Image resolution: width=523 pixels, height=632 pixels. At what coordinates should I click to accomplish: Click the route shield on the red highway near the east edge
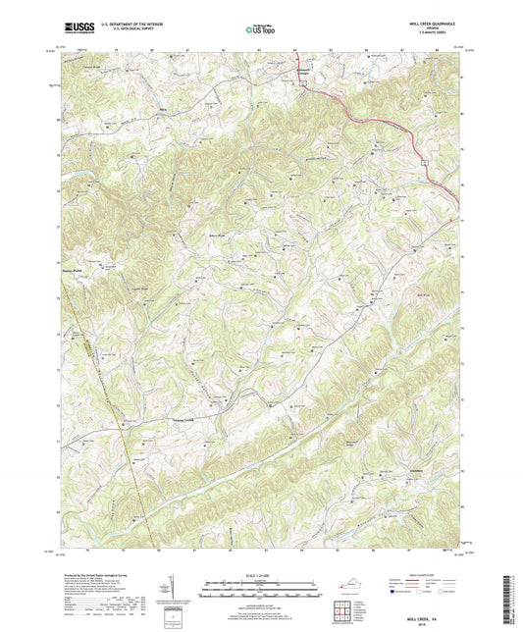pos(426,158)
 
